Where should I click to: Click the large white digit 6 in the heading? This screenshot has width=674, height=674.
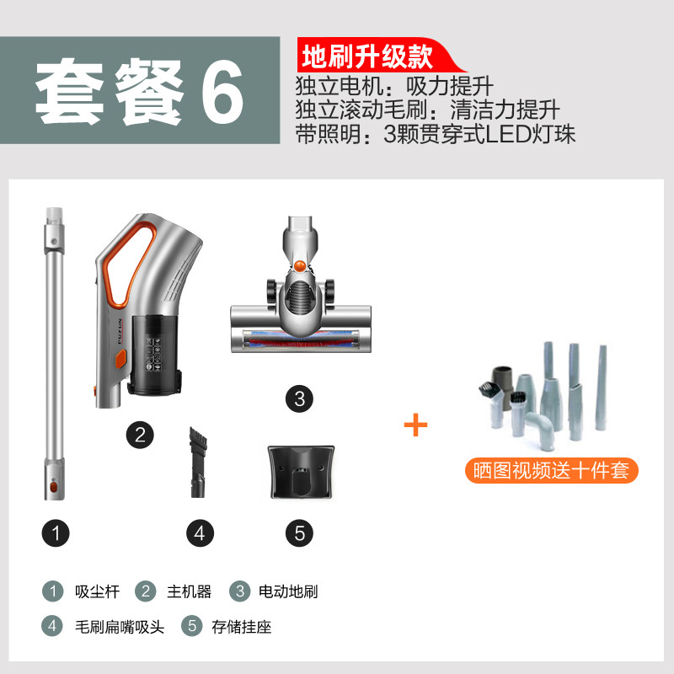(x=222, y=91)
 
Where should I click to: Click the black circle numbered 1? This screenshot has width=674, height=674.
(x=56, y=533)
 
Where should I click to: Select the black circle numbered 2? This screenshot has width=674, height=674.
(x=140, y=435)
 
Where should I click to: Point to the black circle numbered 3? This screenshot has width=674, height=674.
(x=300, y=399)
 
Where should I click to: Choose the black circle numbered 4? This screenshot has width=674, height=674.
(x=200, y=533)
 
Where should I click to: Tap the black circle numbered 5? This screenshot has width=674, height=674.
(x=300, y=533)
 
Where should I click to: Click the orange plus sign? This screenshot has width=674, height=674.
(x=415, y=425)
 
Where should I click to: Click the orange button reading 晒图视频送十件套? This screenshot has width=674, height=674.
(x=552, y=470)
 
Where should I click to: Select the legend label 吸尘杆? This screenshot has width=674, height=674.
(x=97, y=591)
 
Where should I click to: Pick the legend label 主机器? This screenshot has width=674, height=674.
(x=189, y=591)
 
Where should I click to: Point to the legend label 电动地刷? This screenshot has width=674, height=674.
(x=288, y=591)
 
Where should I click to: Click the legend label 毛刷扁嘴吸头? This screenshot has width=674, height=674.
(x=120, y=627)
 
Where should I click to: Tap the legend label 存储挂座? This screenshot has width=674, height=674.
(x=242, y=627)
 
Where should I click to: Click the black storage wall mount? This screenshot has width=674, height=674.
(x=301, y=472)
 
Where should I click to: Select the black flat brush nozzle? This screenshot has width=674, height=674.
(x=198, y=462)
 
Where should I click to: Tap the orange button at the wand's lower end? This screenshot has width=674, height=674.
(x=54, y=487)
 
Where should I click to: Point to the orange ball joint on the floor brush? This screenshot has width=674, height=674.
(x=300, y=265)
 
